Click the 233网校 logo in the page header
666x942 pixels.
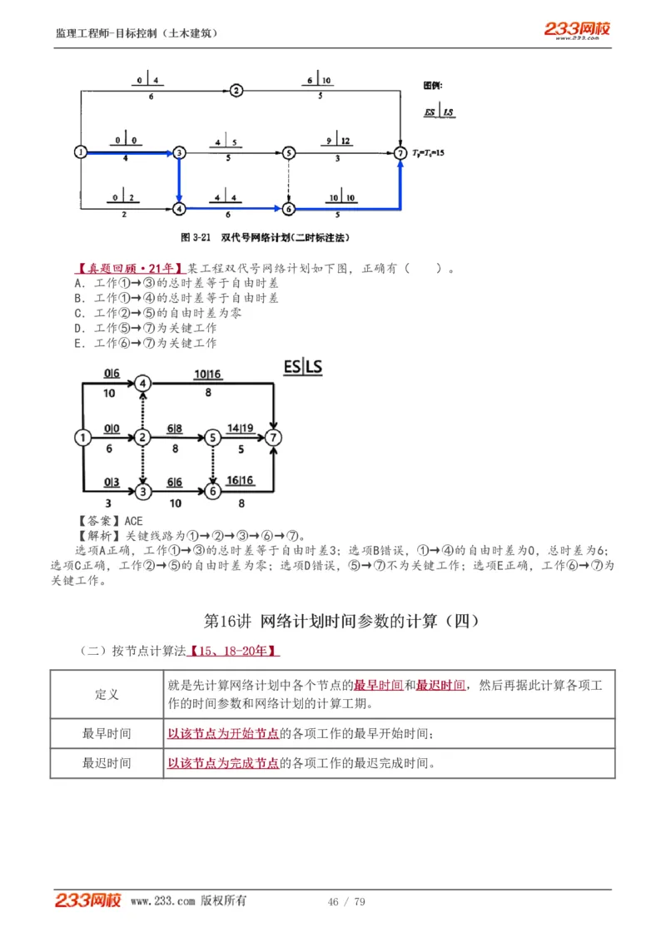coord(577,30)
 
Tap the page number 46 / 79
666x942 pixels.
coord(346,902)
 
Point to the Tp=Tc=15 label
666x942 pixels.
coord(428,153)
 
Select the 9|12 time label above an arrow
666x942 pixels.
coord(338,141)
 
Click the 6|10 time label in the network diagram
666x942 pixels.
coord(320,81)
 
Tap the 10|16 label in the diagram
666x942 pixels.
coord(208,375)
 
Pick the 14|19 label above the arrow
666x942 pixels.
coord(241,428)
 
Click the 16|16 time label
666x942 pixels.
coord(240,481)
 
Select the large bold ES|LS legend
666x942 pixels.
coord(302,367)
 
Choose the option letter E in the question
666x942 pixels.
coord(77,343)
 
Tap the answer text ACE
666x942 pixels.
coord(133,521)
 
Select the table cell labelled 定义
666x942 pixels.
coord(107,694)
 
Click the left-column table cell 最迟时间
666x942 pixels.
coord(107,763)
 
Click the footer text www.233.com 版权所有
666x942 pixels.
coord(188,901)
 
